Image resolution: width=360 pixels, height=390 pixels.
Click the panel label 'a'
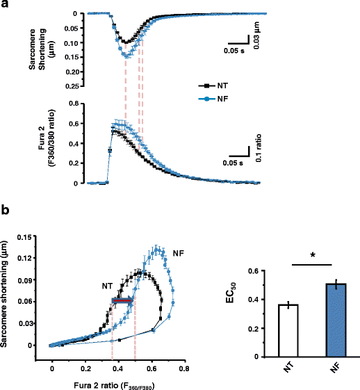tap(5, 6)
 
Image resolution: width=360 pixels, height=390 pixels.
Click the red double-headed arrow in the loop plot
tap(123, 300)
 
